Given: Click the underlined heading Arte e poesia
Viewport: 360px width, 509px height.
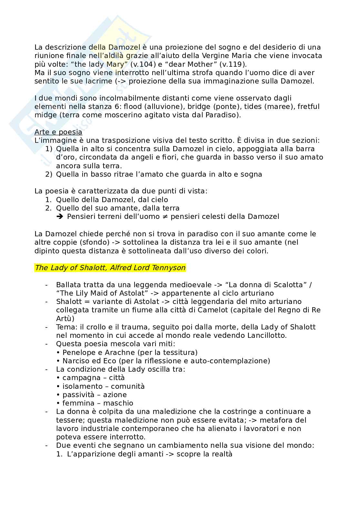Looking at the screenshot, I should (x=58, y=132).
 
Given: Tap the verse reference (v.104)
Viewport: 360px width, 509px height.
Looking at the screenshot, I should (x=138, y=64).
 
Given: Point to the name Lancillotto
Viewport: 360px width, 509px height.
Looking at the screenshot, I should (x=267, y=335).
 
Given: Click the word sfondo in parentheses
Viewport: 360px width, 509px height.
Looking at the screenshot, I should (x=71, y=242).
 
